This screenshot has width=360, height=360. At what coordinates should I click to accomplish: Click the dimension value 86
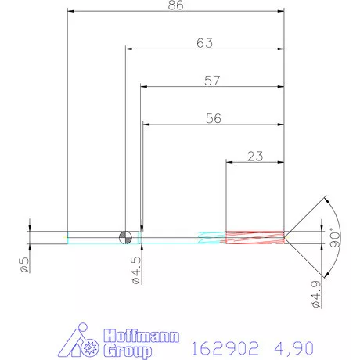point(175,6)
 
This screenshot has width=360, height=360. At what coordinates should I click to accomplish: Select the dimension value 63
point(204,44)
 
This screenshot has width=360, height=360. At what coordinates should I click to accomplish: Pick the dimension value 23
point(254,157)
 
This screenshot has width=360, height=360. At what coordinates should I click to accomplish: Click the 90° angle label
point(334,237)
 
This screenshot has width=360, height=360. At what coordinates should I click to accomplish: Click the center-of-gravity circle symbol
point(125,236)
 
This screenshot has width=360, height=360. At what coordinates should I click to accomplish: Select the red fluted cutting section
point(254,236)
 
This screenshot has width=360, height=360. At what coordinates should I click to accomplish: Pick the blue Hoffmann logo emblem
point(81,341)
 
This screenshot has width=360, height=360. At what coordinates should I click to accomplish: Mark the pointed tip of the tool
point(285,236)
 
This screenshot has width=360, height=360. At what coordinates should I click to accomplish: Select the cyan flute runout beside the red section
point(211,236)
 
